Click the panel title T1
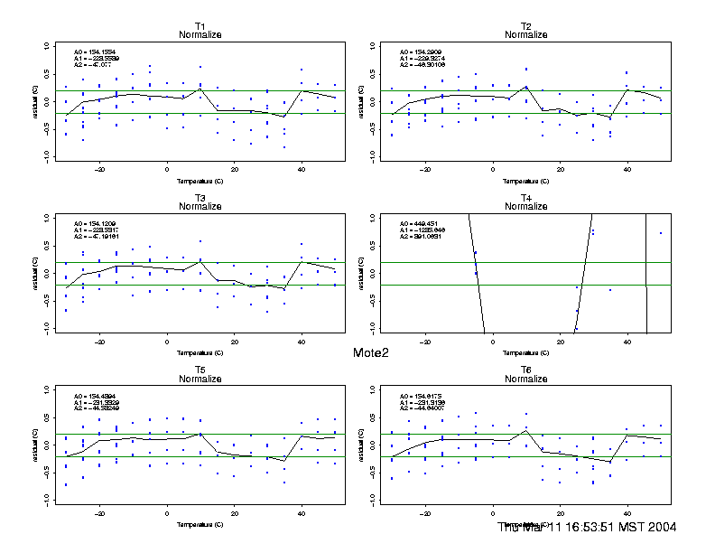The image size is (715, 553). [x=200, y=25]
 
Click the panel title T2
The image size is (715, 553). [x=525, y=25]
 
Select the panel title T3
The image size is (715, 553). [x=200, y=197]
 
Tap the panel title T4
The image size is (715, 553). [x=525, y=197]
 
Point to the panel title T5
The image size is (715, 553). [x=200, y=370]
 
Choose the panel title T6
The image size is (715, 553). [x=525, y=370]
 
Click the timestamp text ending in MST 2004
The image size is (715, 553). [x=588, y=527]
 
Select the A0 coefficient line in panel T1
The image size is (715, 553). [x=95, y=52]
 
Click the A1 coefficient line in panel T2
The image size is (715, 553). [x=422, y=59]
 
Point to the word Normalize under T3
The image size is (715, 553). [x=200, y=207]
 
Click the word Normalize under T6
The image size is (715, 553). [x=525, y=380]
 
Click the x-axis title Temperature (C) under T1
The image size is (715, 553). [x=200, y=179]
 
